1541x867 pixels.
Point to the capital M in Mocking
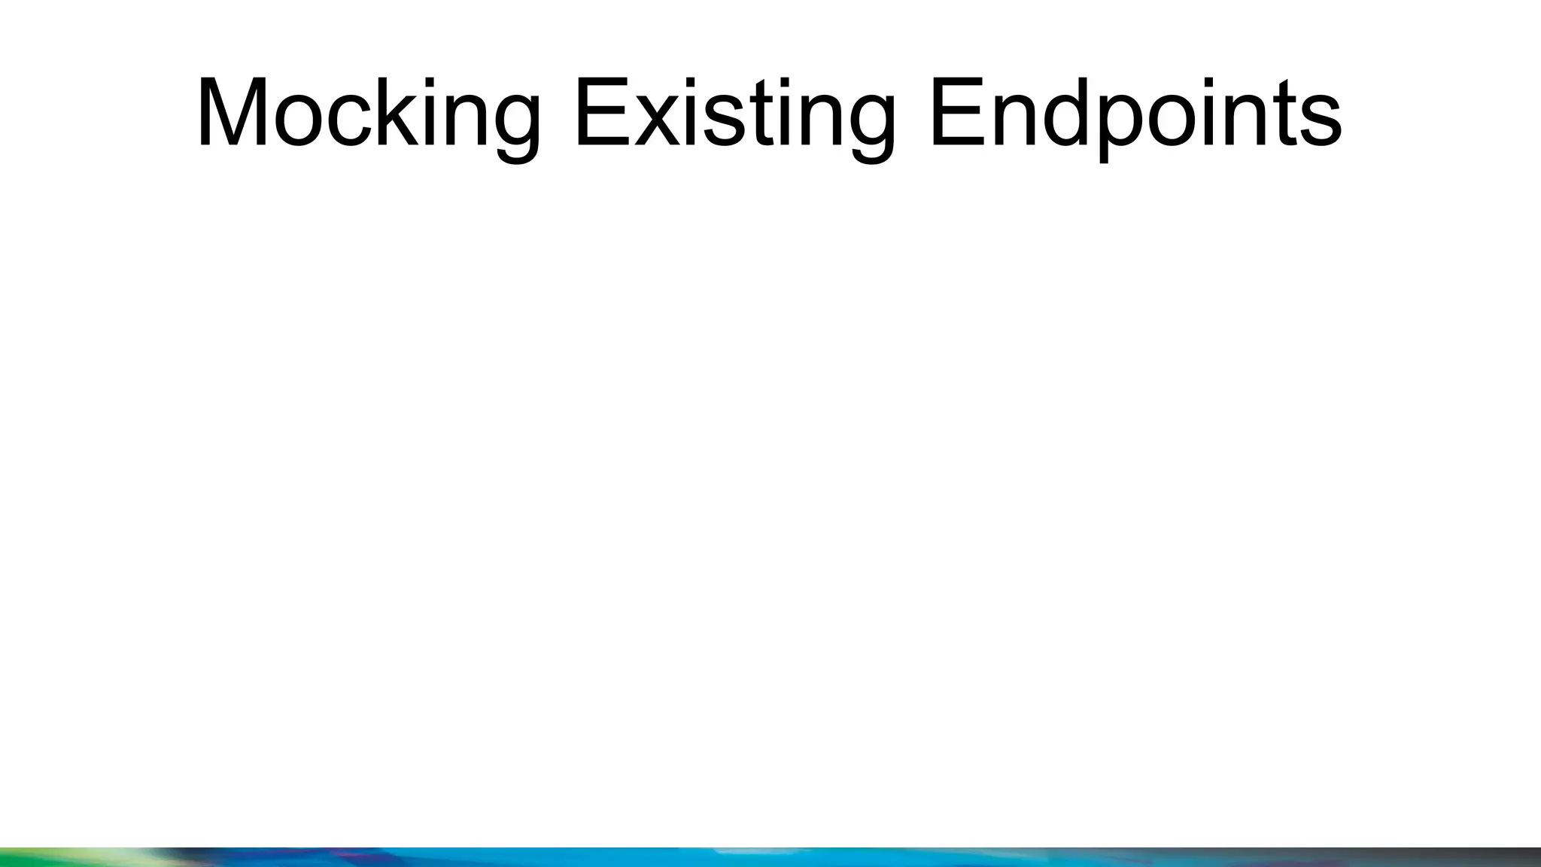(229, 113)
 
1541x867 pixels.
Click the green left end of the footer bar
(45, 858)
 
